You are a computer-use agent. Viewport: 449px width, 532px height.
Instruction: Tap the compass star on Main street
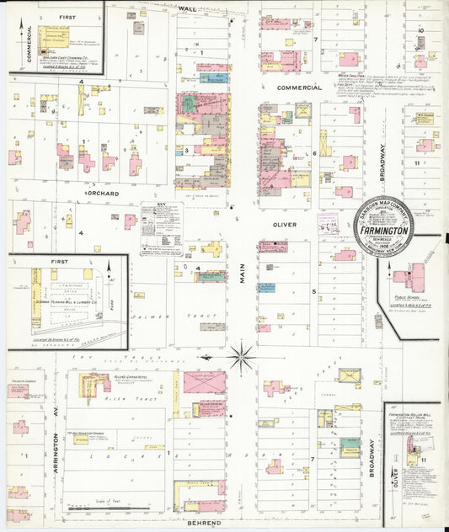click(242, 357)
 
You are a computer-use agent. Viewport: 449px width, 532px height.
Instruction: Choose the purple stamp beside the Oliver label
click(327, 225)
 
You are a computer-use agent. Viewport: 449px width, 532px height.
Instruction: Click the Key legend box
click(162, 229)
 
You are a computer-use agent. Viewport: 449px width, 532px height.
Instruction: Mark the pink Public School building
click(412, 277)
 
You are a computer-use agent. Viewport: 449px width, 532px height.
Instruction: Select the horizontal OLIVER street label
click(285, 225)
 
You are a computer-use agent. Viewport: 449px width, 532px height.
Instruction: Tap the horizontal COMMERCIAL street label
click(300, 88)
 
